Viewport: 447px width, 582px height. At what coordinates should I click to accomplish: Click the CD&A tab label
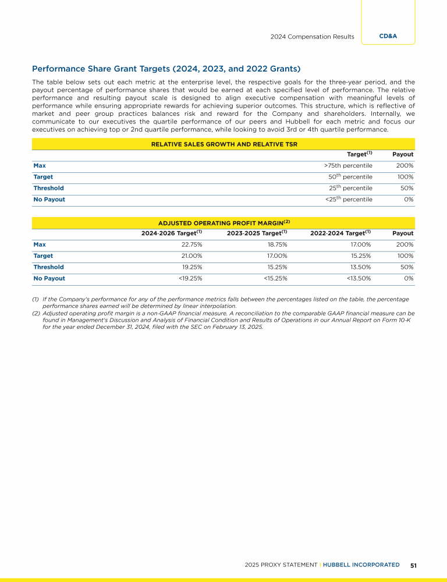click(388, 36)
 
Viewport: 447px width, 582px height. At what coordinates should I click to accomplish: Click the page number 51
click(413, 565)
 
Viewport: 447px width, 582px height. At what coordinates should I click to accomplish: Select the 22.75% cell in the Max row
click(191, 244)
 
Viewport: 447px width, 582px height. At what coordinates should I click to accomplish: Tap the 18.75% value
click(276, 244)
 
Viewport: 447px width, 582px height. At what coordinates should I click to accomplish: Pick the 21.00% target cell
click(191, 255)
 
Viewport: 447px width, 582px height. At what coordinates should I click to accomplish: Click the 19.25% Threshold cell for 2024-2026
click(191, 267)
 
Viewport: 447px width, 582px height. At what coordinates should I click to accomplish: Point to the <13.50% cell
click(359, 278)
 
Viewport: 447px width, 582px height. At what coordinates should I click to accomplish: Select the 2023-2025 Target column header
click(257, 233)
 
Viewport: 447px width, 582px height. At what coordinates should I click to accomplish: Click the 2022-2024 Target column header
click(340, 233)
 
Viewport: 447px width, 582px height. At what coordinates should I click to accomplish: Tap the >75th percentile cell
click(348, 165)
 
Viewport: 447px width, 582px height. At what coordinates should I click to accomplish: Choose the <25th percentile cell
click(349, 199)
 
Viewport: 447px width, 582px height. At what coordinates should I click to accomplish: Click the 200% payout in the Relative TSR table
click(405, 165)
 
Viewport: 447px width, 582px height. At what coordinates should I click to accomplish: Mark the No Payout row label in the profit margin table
click(49, 278)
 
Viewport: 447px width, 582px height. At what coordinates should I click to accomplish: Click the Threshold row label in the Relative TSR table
click(49, 188)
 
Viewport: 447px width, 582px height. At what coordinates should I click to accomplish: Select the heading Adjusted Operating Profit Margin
click(223, 223)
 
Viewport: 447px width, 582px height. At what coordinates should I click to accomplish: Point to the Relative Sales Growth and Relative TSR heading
click(223, 144)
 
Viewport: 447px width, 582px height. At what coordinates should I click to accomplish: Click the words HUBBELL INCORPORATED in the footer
click(362, 565)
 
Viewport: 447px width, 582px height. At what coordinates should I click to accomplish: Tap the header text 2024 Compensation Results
click(312, 37)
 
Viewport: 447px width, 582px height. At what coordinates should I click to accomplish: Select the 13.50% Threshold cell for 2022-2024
click(360, 267)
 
